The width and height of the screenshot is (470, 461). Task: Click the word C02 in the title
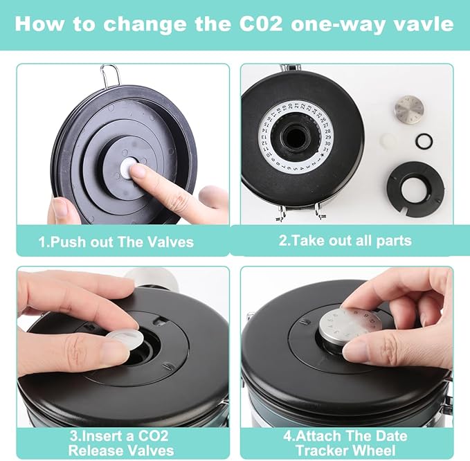(x=260, y=24)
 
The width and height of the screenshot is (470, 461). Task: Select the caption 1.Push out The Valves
(x=116, y=242)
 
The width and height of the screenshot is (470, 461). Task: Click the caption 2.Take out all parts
(x=345, y=240)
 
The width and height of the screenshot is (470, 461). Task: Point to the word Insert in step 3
(x=100, y=436)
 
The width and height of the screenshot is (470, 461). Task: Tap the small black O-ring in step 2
(x=424, y=141)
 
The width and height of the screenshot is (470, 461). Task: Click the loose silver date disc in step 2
(x=409, y=109)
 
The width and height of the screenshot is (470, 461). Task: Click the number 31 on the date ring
(x=326, y=150)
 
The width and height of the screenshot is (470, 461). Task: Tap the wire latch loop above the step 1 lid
(x=109, y=75)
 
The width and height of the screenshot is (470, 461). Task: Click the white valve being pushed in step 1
(x=127, y=169)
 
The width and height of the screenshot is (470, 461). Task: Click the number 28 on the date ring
(x=327, y=131)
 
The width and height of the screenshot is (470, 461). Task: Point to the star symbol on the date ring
(x=323, y=154)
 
